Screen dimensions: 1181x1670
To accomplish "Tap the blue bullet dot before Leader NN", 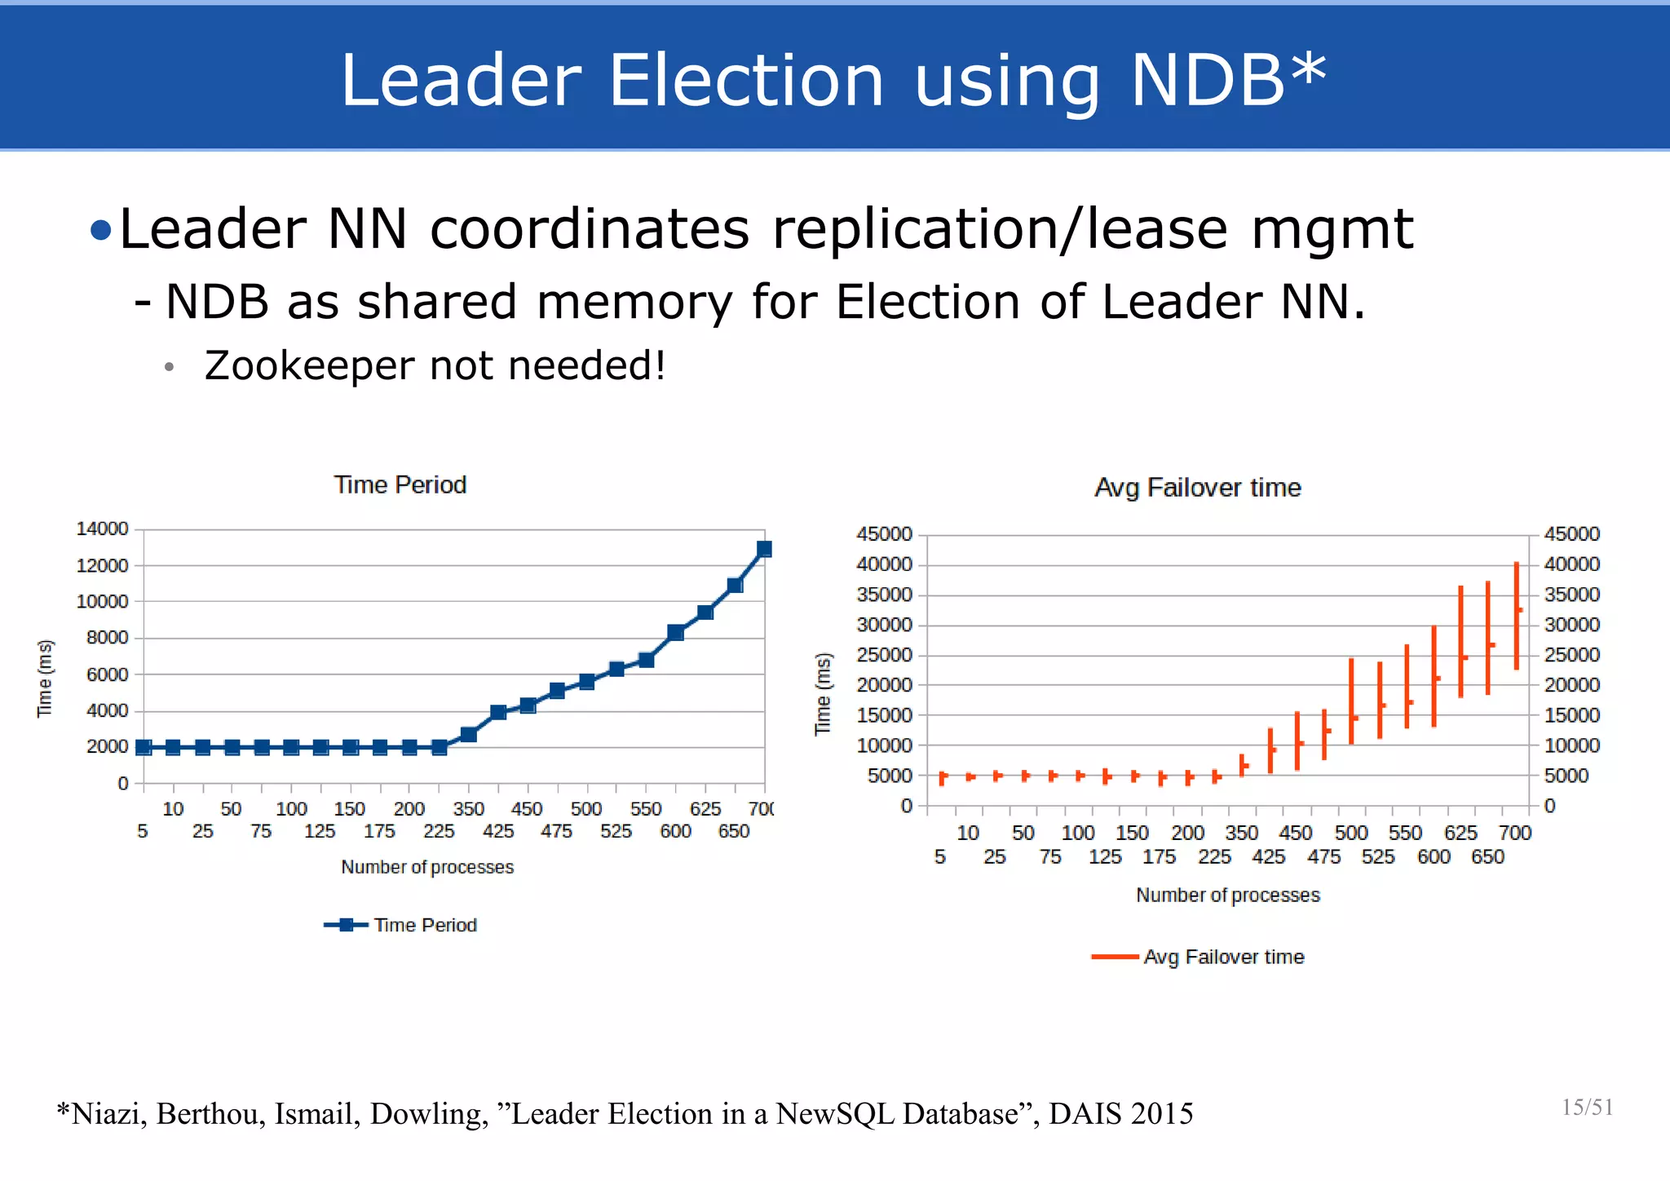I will (x=101, y=231).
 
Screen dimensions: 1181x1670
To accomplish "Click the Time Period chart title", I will (x=400, y=484).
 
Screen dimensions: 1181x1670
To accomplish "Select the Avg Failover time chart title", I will (x=1197, y=488).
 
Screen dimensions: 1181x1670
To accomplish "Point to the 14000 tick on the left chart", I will (x=102, y=529).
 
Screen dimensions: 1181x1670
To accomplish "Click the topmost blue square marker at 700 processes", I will (x=764, y=549).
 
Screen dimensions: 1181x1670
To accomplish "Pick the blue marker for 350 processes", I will (x=469, y=734).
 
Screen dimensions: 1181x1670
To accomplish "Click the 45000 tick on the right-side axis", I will (x=1571, y=534).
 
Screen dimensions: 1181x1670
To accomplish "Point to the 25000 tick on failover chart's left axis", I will (x=884, y=655).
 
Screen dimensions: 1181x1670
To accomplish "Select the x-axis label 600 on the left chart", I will (x=675, y=831).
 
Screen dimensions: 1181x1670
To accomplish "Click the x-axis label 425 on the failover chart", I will (x=1269, y=857).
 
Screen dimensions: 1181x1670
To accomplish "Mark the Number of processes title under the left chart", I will (x=427, y=867).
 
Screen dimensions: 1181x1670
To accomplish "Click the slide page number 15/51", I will (x=1587, y=1108).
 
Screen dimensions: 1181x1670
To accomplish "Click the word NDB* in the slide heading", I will (x=1229, y=80).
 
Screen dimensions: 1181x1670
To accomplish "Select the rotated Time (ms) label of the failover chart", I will (x=824, y=694).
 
